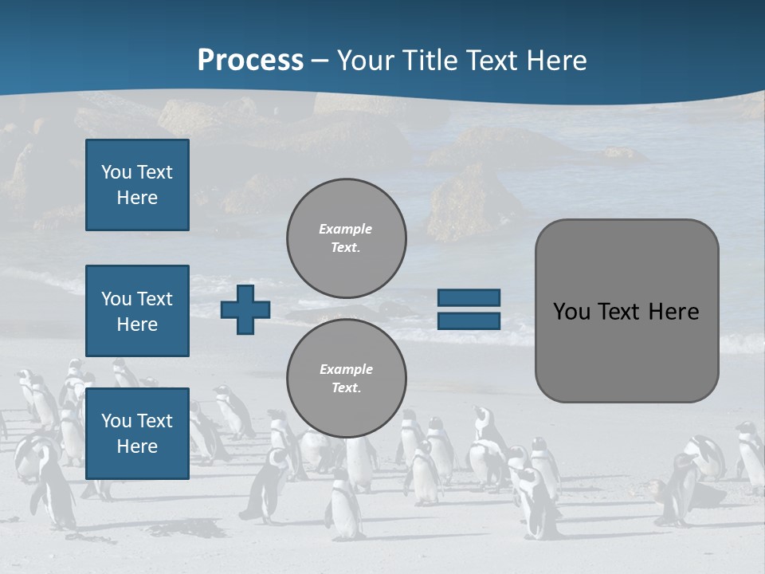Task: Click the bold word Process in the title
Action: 250,60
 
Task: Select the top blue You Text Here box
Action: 137,185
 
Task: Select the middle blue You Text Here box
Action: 137,311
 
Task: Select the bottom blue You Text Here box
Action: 137,433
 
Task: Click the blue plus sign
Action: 245,310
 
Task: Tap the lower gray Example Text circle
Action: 346,379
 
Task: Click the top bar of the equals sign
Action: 469,298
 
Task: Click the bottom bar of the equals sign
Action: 469,321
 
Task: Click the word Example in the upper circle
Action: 346,229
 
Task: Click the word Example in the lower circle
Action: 346,369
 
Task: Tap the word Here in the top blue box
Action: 137,198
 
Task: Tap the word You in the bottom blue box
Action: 116,421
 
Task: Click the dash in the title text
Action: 320,60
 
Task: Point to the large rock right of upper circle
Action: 470,203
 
